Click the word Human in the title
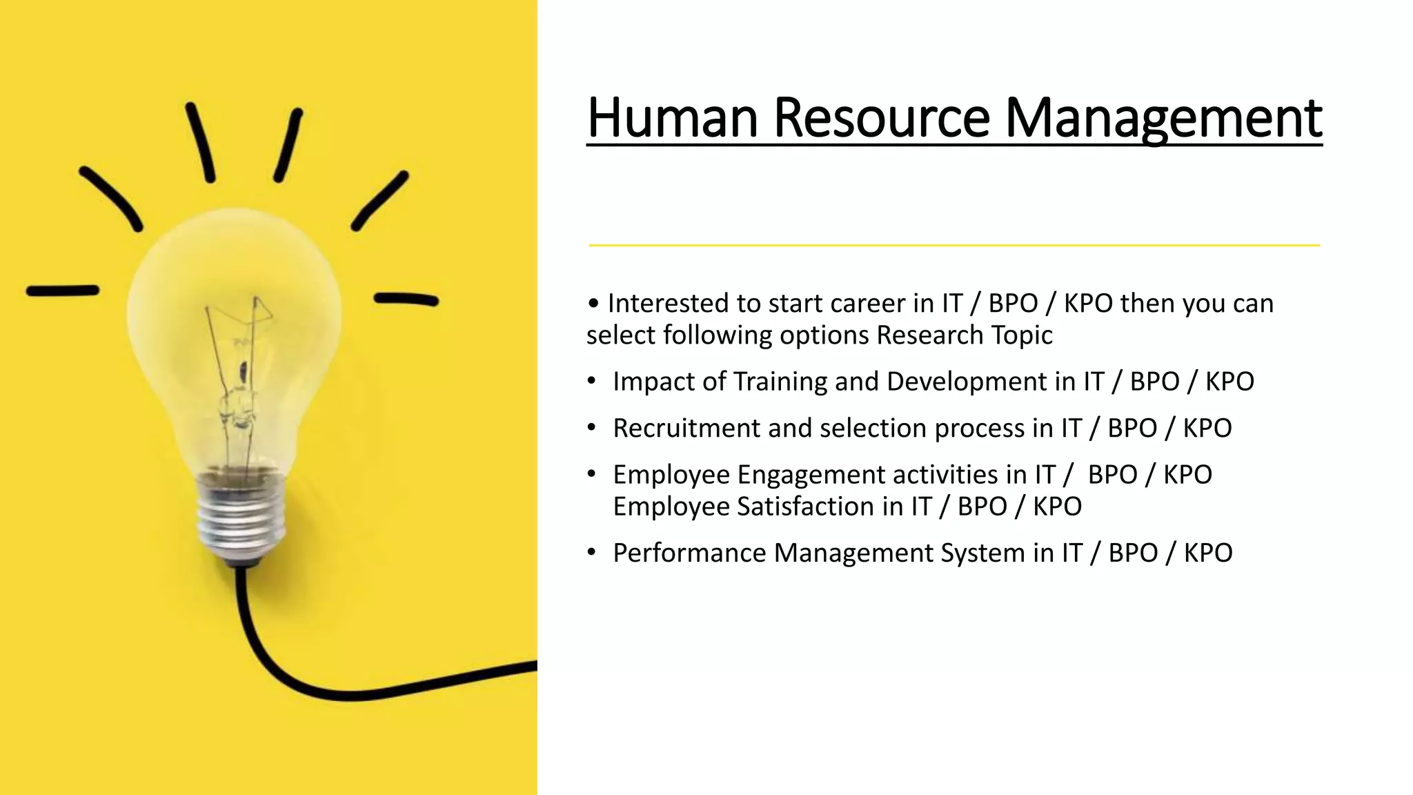[672, 118]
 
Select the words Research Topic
[965, 335]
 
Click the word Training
[780, 382]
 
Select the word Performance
[689, 553]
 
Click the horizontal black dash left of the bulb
[62, 291]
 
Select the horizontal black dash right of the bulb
[406, 300]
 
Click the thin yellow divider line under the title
[953, 245]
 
